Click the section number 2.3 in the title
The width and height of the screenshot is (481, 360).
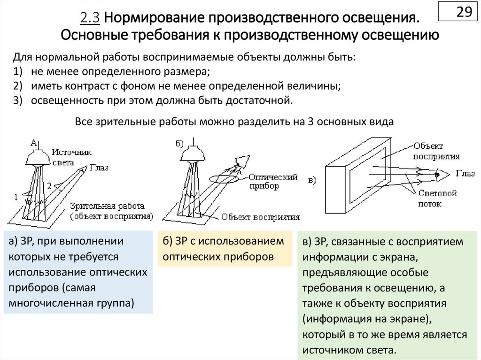coord(90,18)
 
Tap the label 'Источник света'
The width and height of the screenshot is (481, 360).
coord(71,157)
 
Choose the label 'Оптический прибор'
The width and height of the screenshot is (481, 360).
coord(273,182)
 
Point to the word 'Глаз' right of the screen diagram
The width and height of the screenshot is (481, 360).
coord(465,174)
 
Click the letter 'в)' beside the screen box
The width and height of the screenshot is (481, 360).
coord(312,180)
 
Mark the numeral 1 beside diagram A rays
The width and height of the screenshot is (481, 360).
coord(16,197)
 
